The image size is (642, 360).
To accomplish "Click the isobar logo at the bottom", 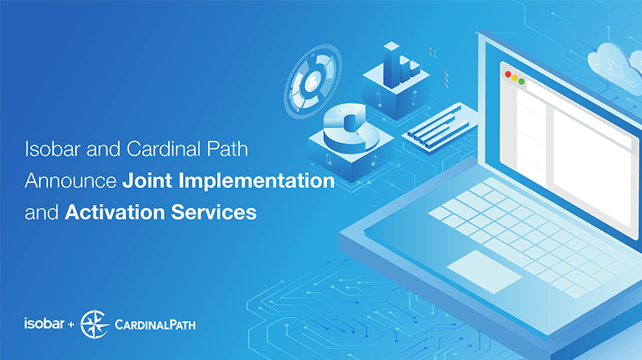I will tap(43, 323).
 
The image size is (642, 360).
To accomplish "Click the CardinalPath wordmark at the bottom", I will tap(156, 325).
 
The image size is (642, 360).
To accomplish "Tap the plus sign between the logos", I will tap(71, 324).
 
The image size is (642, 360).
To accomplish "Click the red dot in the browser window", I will tap(508, 75).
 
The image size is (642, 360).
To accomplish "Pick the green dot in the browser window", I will tap(522, 81).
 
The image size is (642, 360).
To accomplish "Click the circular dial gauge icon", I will tap(313, 80).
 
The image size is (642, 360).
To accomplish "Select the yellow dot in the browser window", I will tap(515, 77).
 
